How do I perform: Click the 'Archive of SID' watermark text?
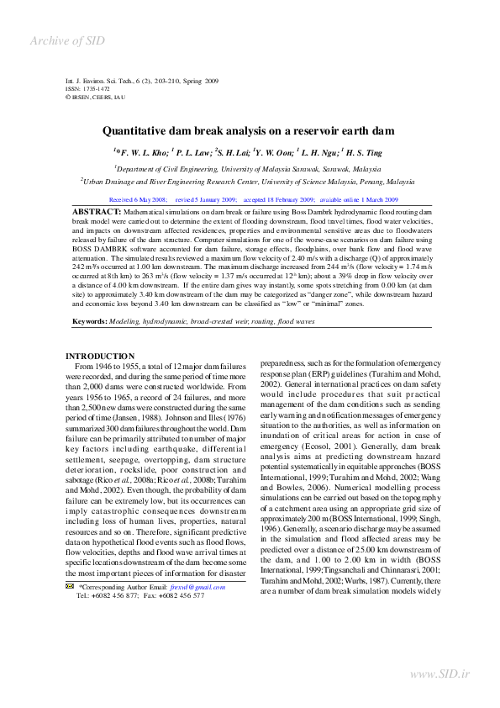pyautogui.click(x=68, y=41)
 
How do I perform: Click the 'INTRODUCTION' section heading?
pyautogui.click(x=99, y=357)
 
